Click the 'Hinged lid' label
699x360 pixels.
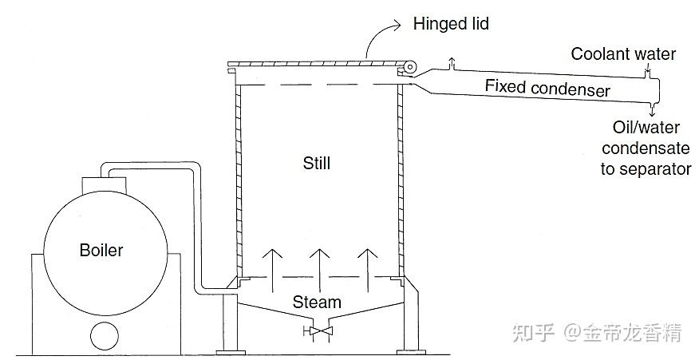[x=451, y=24]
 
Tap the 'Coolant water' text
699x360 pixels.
[x=623, y=54]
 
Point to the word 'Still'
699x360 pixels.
[x=316, y=164]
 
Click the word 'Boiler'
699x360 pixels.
[x=101, y=250]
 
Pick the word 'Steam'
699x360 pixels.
[x=317, y=302]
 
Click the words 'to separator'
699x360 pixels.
[x=646, y=168]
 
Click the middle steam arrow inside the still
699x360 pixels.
[x=319, y=263]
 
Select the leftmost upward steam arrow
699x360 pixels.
[x=272, y=263]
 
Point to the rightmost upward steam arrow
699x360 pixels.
[x=366, y=263]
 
